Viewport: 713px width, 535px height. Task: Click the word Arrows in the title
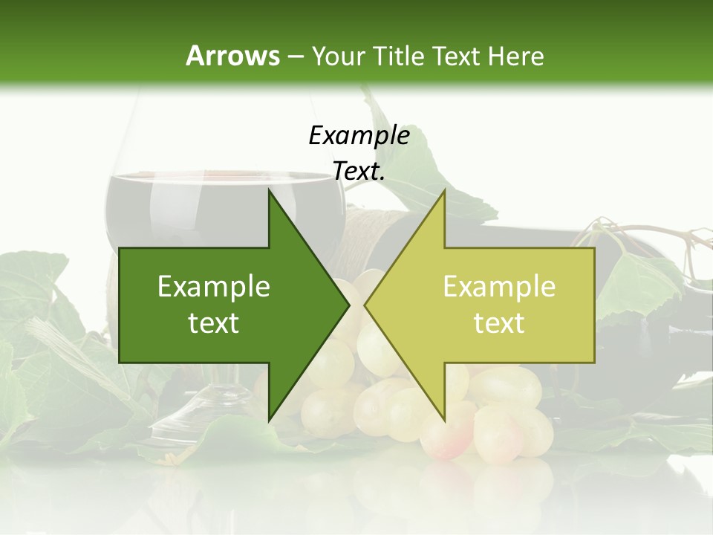click(x=232, y=56)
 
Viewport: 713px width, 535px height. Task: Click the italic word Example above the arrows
click(x=359, y=135)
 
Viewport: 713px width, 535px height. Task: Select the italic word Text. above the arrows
click(x=359, y=172)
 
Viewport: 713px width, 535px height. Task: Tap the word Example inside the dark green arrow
click(x=213, y=286)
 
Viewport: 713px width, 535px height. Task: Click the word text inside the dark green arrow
click(x=213, y=323)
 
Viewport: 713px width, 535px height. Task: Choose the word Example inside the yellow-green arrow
click(x=499, y=286)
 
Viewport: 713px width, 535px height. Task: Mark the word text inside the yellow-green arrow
click(x=499, y=323)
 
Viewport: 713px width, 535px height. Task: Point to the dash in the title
click(x=295, y=56)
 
